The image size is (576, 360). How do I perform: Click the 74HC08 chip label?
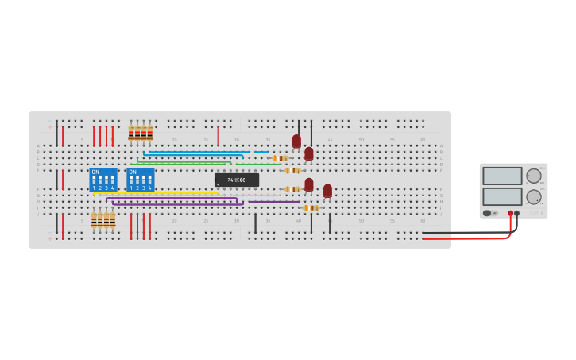(x=237, y=180)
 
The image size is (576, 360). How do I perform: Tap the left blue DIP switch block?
(x=102, y=180)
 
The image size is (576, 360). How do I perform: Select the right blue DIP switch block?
(x=140, y=180)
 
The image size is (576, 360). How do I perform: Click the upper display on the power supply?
(x=502, y=176)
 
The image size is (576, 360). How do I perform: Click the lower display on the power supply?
(x=502, y=196)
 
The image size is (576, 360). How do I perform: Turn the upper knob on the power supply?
(x=534, y=176)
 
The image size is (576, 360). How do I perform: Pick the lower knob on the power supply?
(x=534, y=196)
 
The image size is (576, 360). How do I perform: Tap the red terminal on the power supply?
(x=510, y=213)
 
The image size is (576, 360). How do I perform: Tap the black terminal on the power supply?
(x=517, y=213)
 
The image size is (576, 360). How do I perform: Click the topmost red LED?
(x=296, y=141)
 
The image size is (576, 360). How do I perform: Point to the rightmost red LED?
(x=327, y=191)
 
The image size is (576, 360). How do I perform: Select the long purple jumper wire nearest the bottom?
(x=175, y=205)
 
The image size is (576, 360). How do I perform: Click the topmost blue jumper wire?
(x=199, y=151)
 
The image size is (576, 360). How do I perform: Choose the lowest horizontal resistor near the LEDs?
(x=311, y=207)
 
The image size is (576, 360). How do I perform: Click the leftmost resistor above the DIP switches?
(x=131, y=132)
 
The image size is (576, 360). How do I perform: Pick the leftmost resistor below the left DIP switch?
(x=94, y=220)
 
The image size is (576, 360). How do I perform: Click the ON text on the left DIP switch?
(x=95, y=172)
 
